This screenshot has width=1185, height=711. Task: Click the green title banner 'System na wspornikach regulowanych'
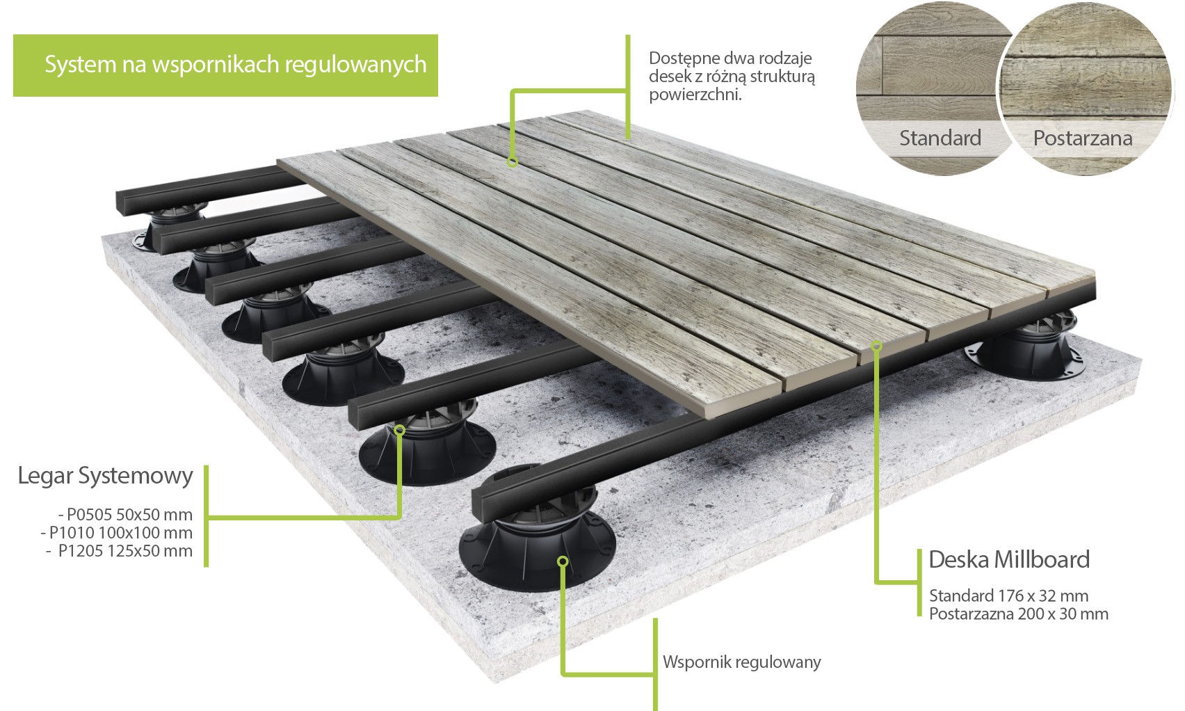225,65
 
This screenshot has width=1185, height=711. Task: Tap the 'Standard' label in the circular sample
940,138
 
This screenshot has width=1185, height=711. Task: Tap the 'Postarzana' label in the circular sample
1082,138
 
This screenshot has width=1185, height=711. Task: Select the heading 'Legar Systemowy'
105,476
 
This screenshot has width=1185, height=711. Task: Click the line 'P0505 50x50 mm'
126,515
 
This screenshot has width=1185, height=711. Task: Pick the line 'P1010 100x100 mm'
117,533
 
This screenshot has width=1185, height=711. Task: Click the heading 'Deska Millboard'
1008,559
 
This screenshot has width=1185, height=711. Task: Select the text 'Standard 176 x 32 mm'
1008,596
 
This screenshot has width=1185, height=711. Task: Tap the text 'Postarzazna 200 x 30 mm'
1018,614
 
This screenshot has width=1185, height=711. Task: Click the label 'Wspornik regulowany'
741,662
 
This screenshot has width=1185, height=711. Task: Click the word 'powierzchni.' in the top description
695,95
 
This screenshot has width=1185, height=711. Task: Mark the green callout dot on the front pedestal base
563,561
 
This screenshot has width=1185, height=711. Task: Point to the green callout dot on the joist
399,430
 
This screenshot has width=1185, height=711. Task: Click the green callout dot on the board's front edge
877,344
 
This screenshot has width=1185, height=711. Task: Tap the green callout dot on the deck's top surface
513,162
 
